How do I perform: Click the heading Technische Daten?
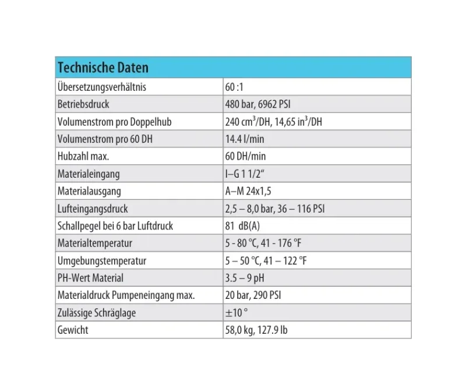click(103, 68)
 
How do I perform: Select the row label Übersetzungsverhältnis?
click(101, 87)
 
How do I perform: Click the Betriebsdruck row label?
click(83, 105)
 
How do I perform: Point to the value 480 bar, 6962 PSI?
click(257, 105)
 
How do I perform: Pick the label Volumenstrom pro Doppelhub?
click(114, 122)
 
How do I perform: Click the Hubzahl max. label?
click(84, 157)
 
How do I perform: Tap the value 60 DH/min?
click(245, 157)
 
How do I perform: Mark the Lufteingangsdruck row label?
click(93, 209)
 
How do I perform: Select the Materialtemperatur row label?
click(95, 243)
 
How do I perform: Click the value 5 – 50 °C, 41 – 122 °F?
click(266, 260)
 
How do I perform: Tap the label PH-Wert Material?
click(90, 278)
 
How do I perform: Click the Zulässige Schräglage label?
click(97, 313)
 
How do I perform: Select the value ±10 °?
click(236, 313)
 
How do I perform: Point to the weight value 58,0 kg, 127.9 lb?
click(256, 330)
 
